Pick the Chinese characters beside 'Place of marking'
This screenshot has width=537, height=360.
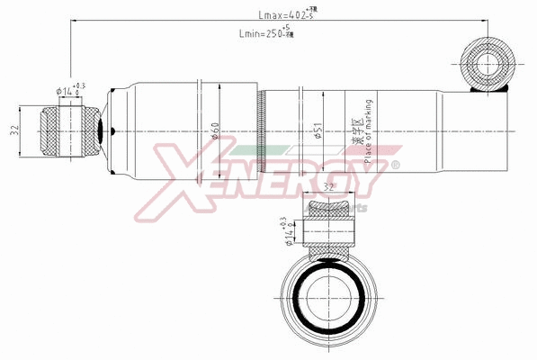[354, 136]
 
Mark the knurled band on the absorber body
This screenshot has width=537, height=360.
[262, 130]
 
